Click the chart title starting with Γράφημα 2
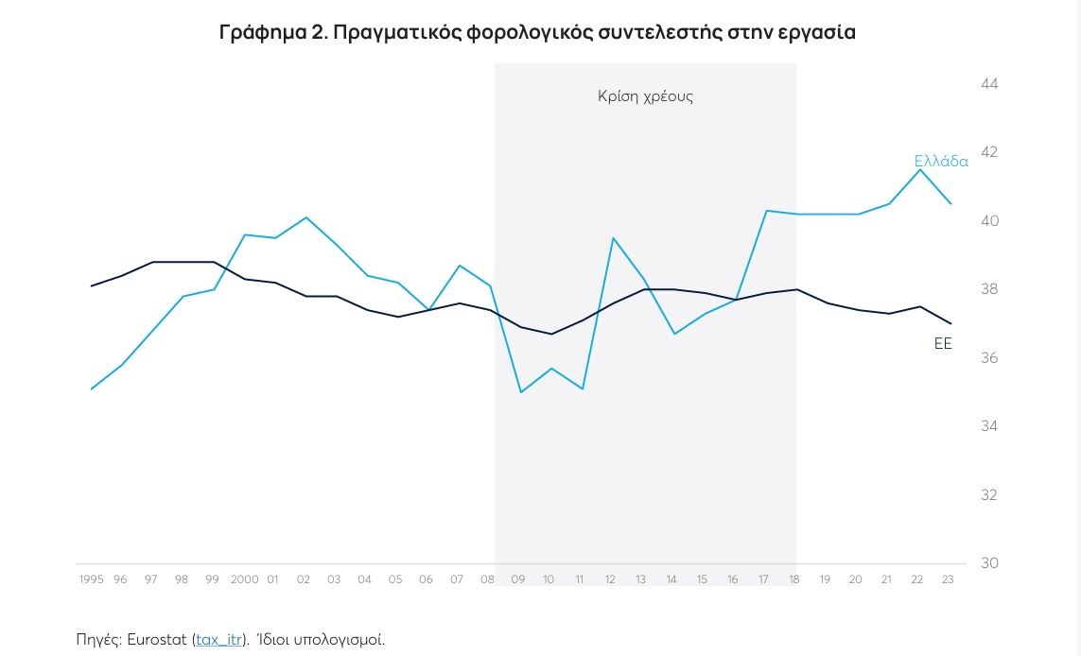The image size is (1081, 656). (x=537, y=32)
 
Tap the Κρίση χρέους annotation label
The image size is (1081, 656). (x=645, y=96)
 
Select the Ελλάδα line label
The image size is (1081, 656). (x=940, y=162)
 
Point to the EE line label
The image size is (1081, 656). (x=943, y=344)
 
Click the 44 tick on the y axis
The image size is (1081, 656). (x=989, y=84)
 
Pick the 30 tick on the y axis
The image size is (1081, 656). (x=989, y=563)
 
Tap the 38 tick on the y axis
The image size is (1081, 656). (x=989, y=289)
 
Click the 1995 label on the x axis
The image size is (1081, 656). (x=91, y=579)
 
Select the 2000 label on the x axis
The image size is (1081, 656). (x=244, y=579)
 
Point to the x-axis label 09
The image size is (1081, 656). (x=518, y=579)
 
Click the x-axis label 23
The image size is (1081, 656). (x=948, y=579)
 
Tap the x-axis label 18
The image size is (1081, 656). (x=794, y=579)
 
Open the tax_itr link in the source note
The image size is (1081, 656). (x=219, y=640)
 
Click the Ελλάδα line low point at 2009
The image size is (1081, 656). (x=520, y=392)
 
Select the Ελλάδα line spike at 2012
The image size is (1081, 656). (x=612, y=238)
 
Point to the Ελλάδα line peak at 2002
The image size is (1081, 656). (x=305, y=217)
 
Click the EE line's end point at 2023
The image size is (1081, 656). (x=950, y=323)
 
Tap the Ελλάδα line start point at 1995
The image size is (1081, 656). (x=92, y=388)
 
